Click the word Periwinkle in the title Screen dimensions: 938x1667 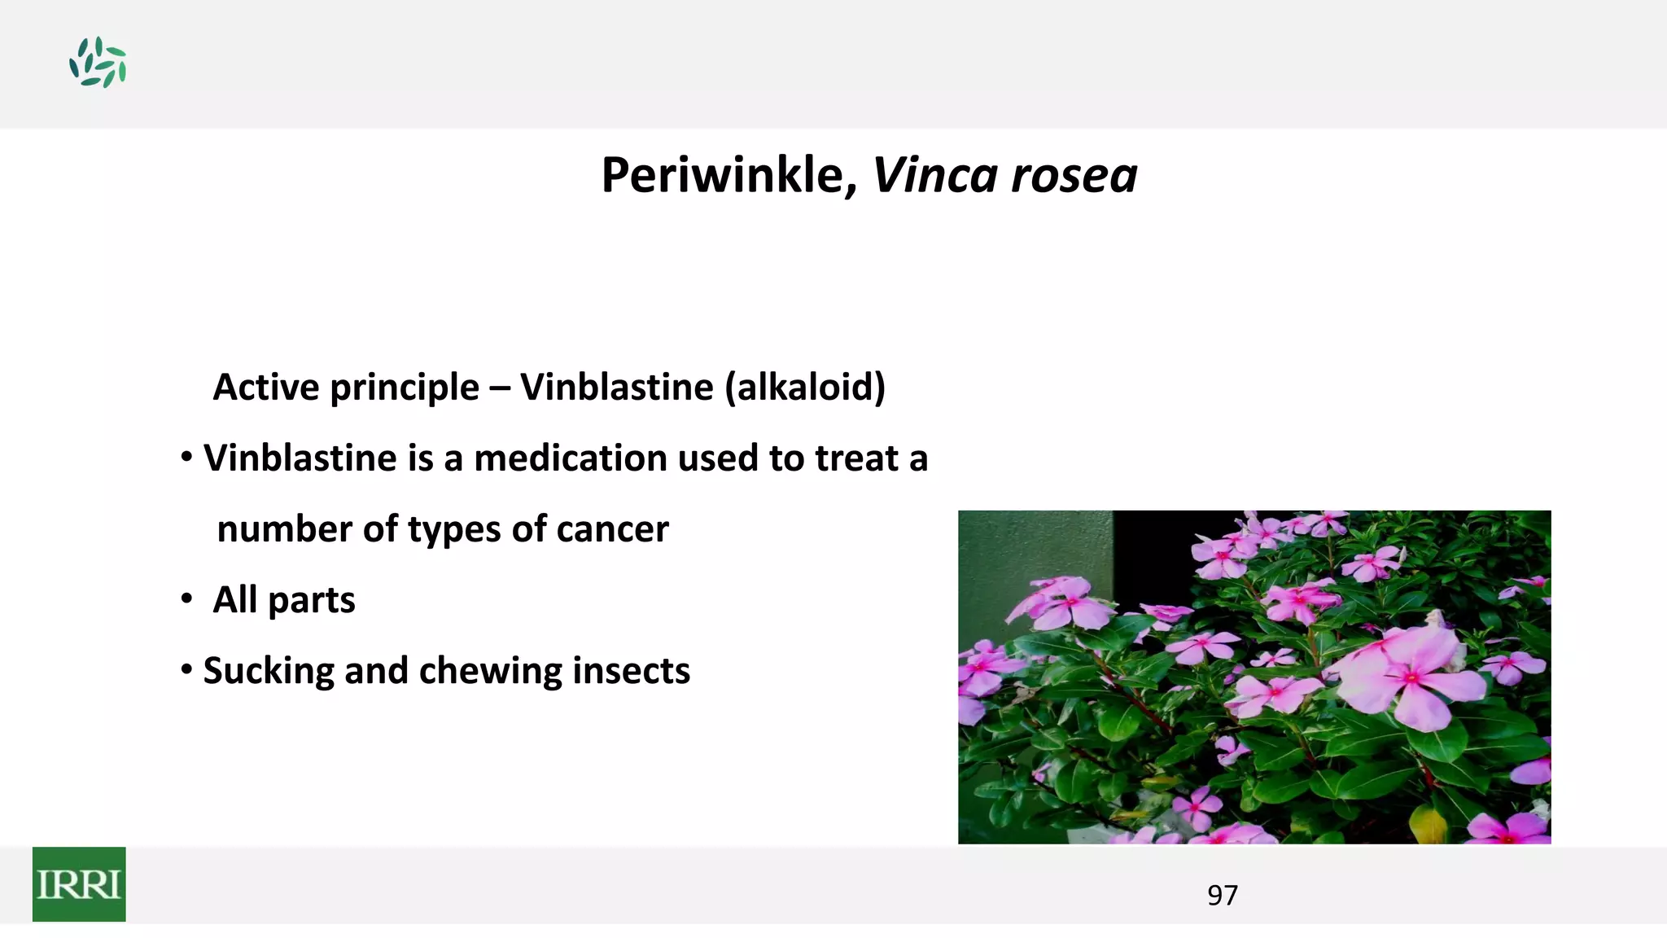(x=721, y=175)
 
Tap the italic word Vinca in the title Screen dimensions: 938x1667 (x=934, y=175)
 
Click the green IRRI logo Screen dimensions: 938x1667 (x=79, y=884)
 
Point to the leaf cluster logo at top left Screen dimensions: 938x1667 (x=98, y=63)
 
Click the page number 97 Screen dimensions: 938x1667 (x=1222, y=895)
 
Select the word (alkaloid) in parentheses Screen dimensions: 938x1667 (x=804, y=387)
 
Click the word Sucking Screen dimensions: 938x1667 (x=268, y=672)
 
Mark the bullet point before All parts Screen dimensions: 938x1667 (x=187, y=600)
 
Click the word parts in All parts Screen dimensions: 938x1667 (x=311, y=601)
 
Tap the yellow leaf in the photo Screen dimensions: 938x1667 (x=1429, y=824)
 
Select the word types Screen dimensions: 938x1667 (x=453, y=530)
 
